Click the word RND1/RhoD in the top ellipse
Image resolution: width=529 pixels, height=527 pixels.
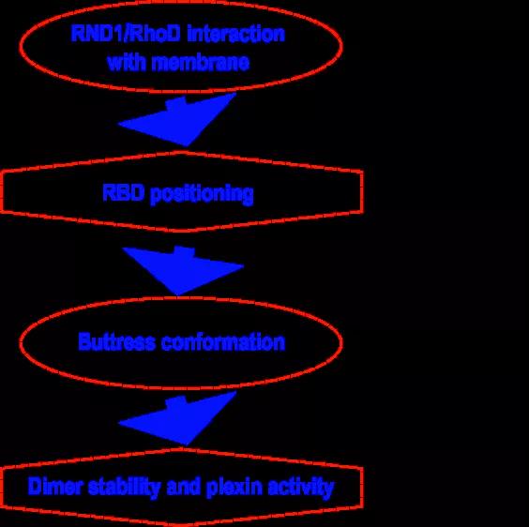[x=126, y=34]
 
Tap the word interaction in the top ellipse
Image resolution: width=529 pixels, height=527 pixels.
[x=235, y=34]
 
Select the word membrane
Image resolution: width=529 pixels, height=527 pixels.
[x=201, y=62]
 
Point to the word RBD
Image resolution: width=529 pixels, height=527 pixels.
[x=124, y=192]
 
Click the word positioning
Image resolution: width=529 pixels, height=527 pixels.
[x=202, y=195]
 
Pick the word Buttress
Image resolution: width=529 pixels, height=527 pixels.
[x=116, y=341]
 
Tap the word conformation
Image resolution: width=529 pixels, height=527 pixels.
[x=223, y=341]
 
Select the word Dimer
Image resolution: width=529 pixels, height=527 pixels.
[x=55, y=487]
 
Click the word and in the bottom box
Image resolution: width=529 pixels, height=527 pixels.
[x=184, y=487]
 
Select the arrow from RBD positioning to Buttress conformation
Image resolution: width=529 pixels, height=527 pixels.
[x=182, y=270]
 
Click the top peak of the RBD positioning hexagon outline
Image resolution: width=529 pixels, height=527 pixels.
[x=181, y=153]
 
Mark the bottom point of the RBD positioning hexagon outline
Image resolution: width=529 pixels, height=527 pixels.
[x=181, y=231]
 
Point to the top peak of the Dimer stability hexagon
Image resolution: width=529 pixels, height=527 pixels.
[x=181, y=449]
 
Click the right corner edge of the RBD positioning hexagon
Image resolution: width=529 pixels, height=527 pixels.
[x=362, y=192]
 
